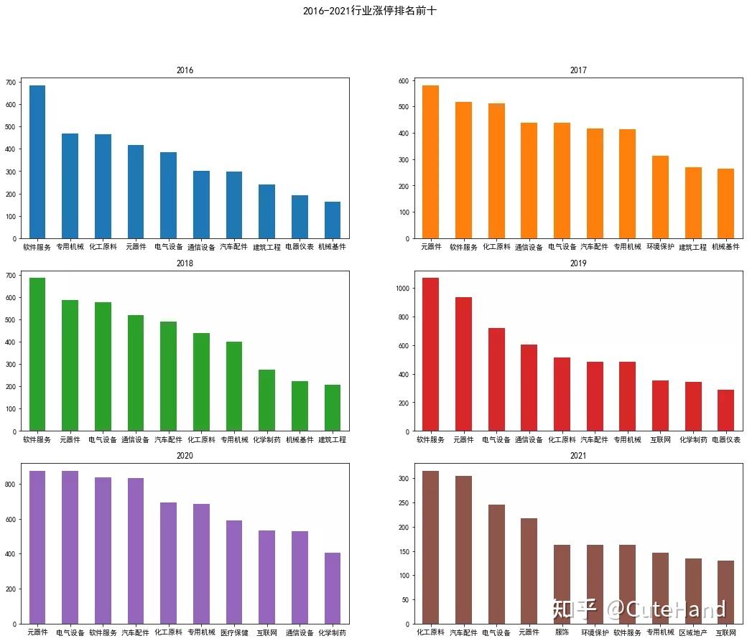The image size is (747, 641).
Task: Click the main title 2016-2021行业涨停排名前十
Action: point(369,11)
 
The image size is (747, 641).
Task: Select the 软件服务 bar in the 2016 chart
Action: point(37,162)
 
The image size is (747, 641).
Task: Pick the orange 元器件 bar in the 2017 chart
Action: point(430,162)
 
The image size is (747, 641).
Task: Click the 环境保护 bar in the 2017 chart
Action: point(660,197)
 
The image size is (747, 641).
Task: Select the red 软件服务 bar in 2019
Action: point(430,355)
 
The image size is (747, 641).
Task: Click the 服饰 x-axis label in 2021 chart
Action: point(562,633)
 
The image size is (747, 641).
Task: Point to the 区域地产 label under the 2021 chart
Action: point(693,633)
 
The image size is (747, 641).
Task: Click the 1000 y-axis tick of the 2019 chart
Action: point(404,289)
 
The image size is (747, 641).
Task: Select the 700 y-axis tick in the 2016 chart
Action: point(9,83)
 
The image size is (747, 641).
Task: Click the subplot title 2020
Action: point(185,456)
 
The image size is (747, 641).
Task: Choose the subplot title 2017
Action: point(578,70)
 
